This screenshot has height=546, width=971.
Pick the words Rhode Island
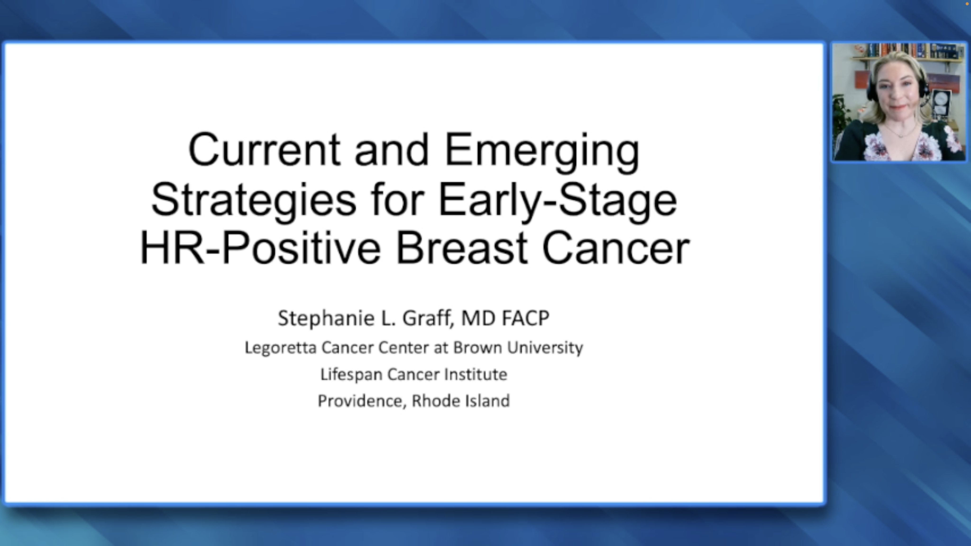click(461, 400)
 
